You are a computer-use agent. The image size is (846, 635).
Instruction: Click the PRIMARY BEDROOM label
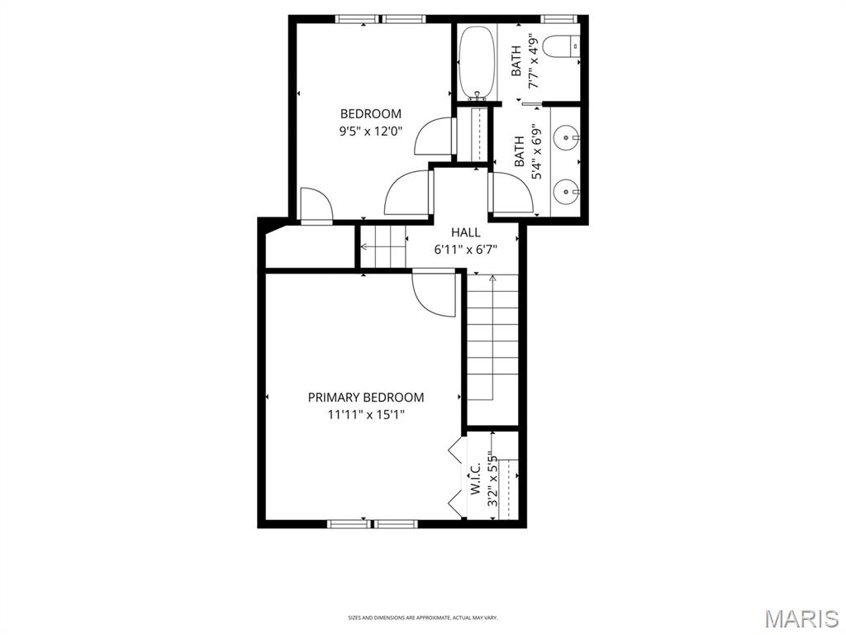pyautogui.click(x=366, y=398)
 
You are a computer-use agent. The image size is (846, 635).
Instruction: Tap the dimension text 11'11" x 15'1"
pyautogui.click(x=366, y=415)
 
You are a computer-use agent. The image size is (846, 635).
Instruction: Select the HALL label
pyautogui.click(x=465, y=233)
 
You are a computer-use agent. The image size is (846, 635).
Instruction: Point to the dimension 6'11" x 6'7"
pyautogui.click(x=465, y=250)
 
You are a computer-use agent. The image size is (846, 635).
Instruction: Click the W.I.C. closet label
pyautogui.click(x=476, y=479)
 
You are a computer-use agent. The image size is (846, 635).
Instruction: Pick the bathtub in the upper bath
pyautogui.click(x=477, y=62)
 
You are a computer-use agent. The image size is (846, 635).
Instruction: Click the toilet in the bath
pyautogui.click(x=568, y=46)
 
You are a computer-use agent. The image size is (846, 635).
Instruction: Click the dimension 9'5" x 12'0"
pyautogui.click(x=371, y=131)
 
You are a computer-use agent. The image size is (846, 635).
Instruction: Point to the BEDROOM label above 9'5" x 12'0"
pyautogui.click(x=371, y=114)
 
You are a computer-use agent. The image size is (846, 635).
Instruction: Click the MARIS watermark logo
pyautogui.click(x=801, y=618)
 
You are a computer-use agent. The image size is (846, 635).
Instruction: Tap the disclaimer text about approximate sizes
pyautogui.click(x=422, y=618)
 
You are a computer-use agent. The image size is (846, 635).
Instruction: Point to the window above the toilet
pyautogui.click(x=558, y=18)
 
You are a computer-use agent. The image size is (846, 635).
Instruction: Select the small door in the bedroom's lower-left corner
pyautogui.click(x=315, y=205)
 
